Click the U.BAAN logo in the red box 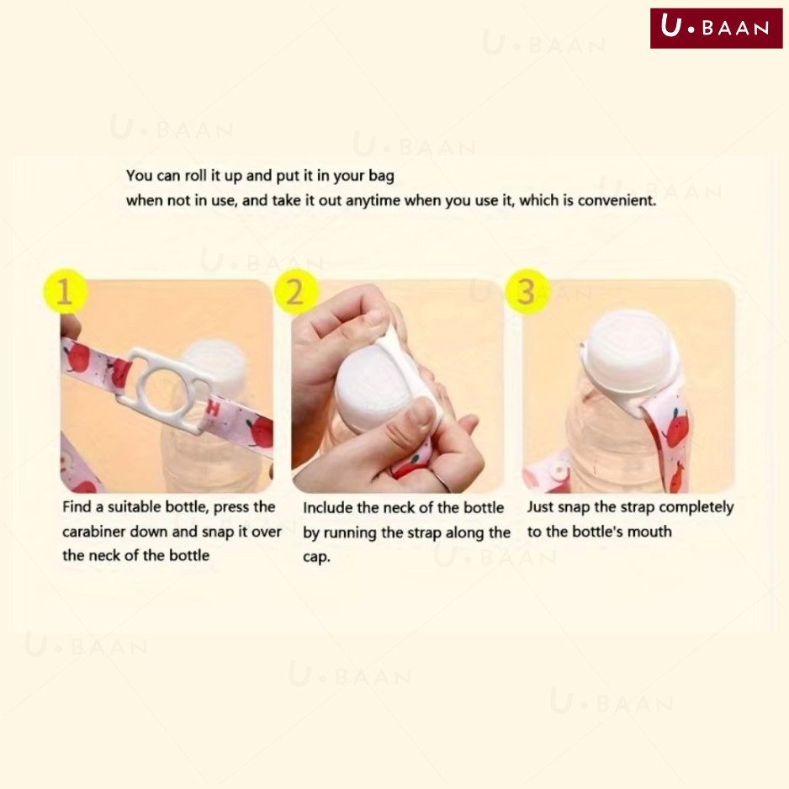click(716, 29)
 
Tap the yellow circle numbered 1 click(65, 291)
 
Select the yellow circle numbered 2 click(296, 292)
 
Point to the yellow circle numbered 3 click(527, 291)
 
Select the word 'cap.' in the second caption click(316, 558)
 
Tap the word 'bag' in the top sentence click(381, 176)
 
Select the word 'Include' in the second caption click(327, 507)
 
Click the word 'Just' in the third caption click(540, 506)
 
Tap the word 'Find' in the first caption click(77, 506)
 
